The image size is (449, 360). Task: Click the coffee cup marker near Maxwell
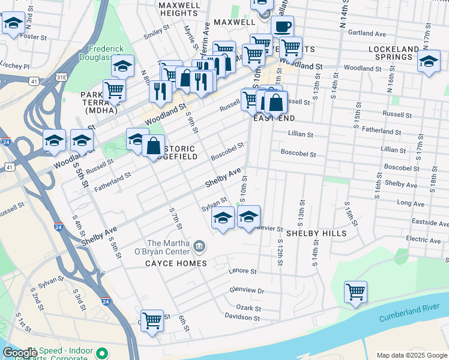point(282,26)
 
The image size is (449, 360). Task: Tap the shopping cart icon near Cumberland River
point(355,292)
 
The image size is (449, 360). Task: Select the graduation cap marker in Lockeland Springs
point(429,62)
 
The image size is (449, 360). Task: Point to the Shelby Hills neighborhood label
point(316,233)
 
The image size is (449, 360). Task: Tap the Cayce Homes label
point(176,263)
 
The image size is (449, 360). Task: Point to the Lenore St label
point(243,271)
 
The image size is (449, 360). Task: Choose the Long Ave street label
point(411,203)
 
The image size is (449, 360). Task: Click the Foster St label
point(34,37)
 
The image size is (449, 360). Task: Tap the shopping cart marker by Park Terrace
point(114,91)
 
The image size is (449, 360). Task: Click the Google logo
point(19,353)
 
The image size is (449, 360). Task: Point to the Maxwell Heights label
point(179,8)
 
